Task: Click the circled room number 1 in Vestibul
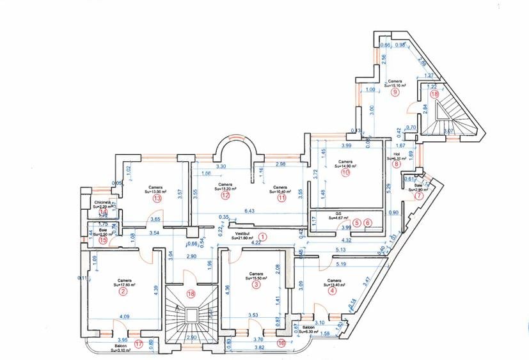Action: click(x=262, y=237)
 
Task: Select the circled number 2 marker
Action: click(x=123, y=292)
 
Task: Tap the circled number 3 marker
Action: click(x=257, y=285)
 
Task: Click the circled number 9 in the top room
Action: click(x=395, y=92)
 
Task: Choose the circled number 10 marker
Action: click(x=345, y=172)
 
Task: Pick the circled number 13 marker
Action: click(x=155, y=198)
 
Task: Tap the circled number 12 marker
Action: click(x=225, y=196)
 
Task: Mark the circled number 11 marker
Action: click(x=281, y=198)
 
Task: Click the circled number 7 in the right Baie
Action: click(x=419, y=196)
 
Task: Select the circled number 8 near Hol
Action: click(x=397, y=164)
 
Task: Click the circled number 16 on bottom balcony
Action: click(x=281, y=343)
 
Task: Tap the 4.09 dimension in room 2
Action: click(x=124, y=316)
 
